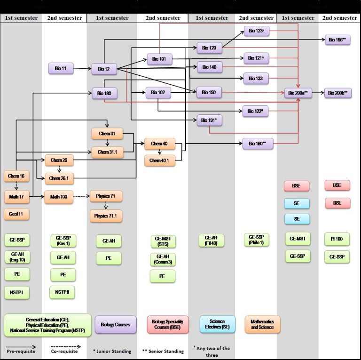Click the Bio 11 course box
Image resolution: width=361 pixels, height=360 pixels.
61,69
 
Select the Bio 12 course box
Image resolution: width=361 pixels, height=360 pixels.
104,69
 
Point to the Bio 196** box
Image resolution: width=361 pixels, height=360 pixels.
337,40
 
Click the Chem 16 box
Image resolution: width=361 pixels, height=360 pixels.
16,176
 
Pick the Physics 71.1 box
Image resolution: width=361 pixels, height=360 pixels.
106,216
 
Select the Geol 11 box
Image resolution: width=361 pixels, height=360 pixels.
16,214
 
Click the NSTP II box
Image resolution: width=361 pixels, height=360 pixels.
62,292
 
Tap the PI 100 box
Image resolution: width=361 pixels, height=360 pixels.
337,239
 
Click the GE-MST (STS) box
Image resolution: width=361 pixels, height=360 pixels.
163,242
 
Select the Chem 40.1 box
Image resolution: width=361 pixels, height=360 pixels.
159,161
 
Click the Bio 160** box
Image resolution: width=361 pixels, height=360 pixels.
258,144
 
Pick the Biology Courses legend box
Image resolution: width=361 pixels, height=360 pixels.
116,324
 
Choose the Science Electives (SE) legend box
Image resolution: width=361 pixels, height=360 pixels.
217,324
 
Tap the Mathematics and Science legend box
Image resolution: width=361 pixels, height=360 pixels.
262,324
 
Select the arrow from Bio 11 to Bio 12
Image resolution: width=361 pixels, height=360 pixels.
82,69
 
